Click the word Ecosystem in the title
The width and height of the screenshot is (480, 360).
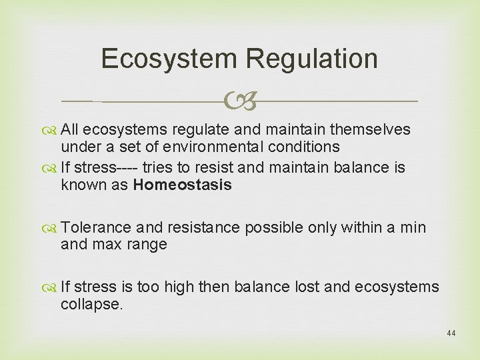[169, 59]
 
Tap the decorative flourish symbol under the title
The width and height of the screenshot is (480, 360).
[240, 102]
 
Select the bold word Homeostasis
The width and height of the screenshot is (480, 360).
[182, 185]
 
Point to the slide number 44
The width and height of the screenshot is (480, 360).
[451, 333]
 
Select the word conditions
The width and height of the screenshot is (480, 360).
[307, 146]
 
